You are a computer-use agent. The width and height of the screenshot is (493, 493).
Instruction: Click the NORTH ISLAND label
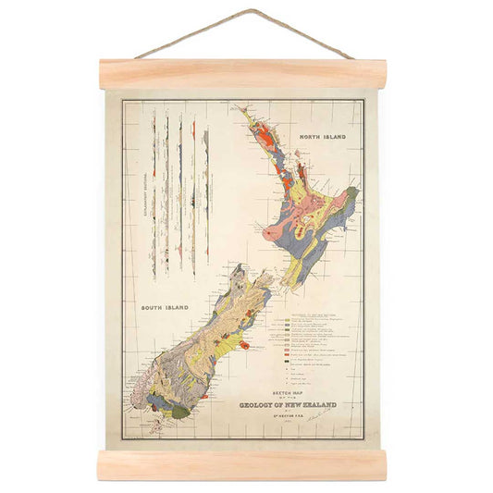322,137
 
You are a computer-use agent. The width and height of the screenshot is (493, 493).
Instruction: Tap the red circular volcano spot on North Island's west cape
269,233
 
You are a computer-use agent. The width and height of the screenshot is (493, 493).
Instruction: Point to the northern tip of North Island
238,109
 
